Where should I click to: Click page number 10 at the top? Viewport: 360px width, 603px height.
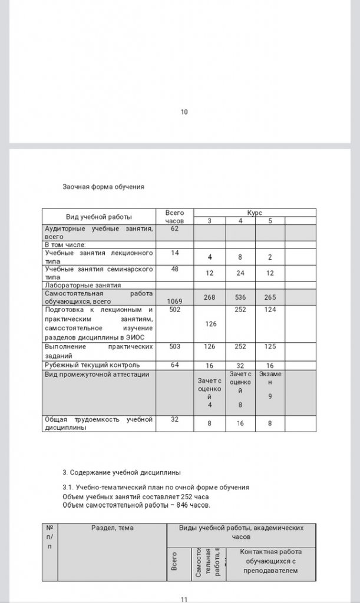point(184,112)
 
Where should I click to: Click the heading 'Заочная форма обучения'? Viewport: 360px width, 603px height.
point(104,187)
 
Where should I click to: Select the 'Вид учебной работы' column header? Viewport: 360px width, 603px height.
point(98,217)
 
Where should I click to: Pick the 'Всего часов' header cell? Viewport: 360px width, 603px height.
point(174,216)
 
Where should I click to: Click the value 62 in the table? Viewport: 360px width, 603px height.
point(174,228)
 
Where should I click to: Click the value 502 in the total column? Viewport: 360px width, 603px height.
point(174,309)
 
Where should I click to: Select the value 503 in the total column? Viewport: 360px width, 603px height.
point(174,347)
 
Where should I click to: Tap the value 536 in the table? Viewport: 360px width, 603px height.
point(240,297)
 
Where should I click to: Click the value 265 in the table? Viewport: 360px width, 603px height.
point(270,297)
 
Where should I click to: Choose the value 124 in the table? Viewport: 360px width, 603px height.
point(270,309)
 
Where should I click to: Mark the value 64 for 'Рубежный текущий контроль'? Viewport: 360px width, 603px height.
point(174,365)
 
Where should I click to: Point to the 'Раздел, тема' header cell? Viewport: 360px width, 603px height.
point(112,528)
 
